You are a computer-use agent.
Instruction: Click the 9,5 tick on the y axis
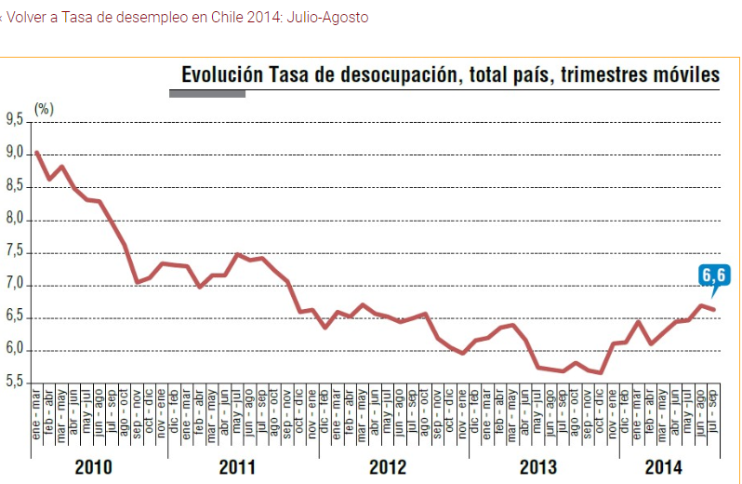pyautogui.click(x=15, y=119)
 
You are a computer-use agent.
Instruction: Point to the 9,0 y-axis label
pyautogui.click(x=15, y=153)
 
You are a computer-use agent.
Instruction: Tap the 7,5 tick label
pyautogui.click(x=15, y=252)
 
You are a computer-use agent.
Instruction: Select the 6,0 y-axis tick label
pyautogui.click(x=15, y=350)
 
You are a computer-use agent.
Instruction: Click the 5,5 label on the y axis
pyautogui.click(x=15, y=383)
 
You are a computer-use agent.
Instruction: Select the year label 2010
pyautogui.click(x=93, y=467)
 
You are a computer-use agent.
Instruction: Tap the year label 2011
pyautogui.click(x=238, y=467)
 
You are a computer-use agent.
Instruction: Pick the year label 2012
pyautogui.click(x=389, y=467)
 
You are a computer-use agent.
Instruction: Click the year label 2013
pyautogui.click(x=539, y=467)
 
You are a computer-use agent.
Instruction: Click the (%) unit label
pyautogui.click(x=44, y=109)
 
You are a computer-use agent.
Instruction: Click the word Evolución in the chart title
pyautogui.click(x=222, y=74)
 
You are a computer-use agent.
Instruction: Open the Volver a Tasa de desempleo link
pyautogui.click(x=187, y=18)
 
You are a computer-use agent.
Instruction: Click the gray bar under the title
pyautogui.click(x=207, y=93)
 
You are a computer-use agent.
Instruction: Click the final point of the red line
pyautogui.click(x=714, y=309)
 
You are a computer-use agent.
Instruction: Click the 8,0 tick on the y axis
pyautogui.click(x=15, y=220)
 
